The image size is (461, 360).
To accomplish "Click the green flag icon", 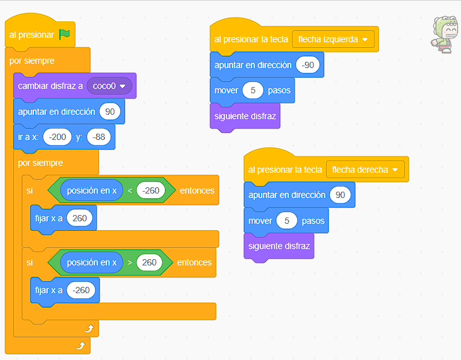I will (x=64, y=35).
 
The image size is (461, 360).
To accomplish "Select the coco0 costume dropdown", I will (x=110, y=86).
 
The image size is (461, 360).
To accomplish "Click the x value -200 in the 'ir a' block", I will (x=57, y=137).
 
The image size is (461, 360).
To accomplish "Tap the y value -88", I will (x=99, y=137).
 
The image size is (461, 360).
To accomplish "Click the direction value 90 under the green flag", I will (x=109, y=112).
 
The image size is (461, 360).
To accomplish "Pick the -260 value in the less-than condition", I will (x=151, y=190).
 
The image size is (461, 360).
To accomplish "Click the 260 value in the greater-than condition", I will (x=149, y=262).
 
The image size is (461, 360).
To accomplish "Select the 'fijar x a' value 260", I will (x=79, y=218).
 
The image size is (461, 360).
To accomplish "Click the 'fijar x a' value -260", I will (x=81, y=290).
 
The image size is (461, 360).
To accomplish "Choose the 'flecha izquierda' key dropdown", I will (x=334, y=39).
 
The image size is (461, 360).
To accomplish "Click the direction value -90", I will (x=308, y=65).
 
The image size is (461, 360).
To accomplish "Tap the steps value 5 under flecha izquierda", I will (x=253, y=90).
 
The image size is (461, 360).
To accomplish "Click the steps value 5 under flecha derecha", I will (x=287, y=221).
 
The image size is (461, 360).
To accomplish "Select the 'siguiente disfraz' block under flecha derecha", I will (x=279, y=246).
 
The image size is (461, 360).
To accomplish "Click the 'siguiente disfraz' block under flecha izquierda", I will (x=245, y=116).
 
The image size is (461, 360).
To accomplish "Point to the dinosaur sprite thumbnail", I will (x=445, y=34).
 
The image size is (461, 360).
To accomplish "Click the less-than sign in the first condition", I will (x=129, y=190).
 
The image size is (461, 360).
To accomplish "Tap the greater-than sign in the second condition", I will (x=129, y=262).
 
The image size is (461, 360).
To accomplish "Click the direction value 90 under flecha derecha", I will (x=340, y=195).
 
